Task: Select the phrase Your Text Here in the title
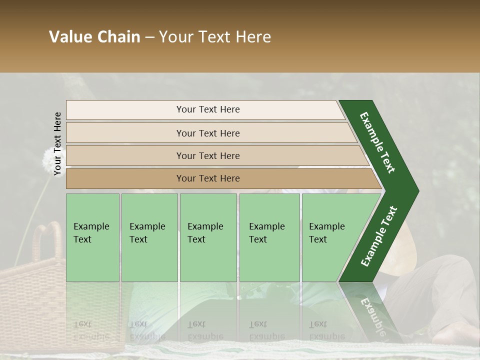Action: pos(215,37)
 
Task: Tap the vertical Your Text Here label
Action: pos(57,143)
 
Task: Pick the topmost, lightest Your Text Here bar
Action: pos(207,109)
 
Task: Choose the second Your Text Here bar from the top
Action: pos(207,133)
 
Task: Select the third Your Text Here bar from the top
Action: pos(207,155)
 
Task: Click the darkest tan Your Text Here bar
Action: pos(207,178)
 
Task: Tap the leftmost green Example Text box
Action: pos(92,237)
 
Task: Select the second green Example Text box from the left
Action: pos(149,237)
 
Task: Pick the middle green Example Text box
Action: pos(208,237)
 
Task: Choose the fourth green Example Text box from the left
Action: pos(269,237)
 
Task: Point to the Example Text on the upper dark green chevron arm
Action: pos(377,142)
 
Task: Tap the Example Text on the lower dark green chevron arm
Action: pos(379,236)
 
